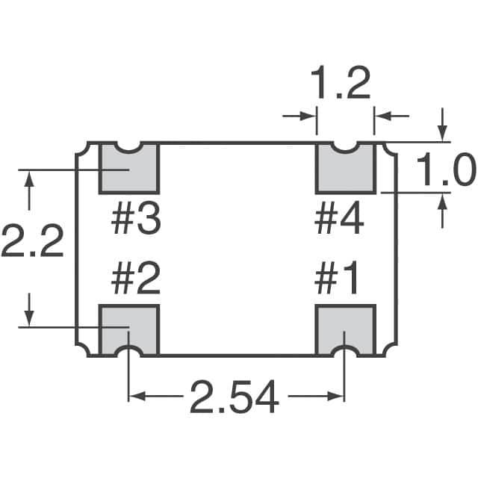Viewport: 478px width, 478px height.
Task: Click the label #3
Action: (x=135, y=220)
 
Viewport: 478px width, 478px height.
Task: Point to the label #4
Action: (x=340, y=220)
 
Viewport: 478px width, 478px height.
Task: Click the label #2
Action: (x=135, y=281)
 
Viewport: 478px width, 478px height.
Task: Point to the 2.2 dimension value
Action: (x=31, y=241)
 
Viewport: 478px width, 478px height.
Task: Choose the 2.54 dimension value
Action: (x=234, y=397)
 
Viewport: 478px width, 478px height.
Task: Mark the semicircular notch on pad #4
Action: (x=345, y=146)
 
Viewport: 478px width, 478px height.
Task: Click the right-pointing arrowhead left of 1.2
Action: (x=308, y=116)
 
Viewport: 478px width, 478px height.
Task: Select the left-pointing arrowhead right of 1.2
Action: (x=382, y=116)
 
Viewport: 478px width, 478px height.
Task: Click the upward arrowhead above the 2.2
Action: (x=30, y=179)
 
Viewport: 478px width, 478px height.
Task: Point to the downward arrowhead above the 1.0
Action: (x=444, y=133)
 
